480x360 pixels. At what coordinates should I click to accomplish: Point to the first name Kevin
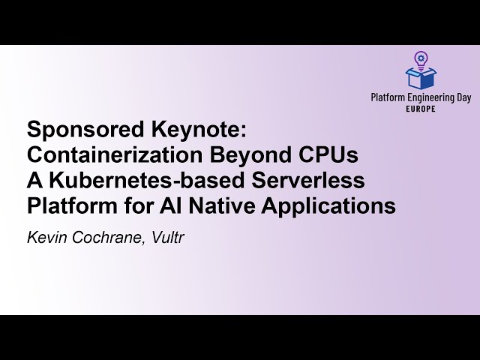pos(46,238)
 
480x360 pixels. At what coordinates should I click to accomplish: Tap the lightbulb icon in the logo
pos(421,58)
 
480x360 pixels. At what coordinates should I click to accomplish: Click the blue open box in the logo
pos(421,77)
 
